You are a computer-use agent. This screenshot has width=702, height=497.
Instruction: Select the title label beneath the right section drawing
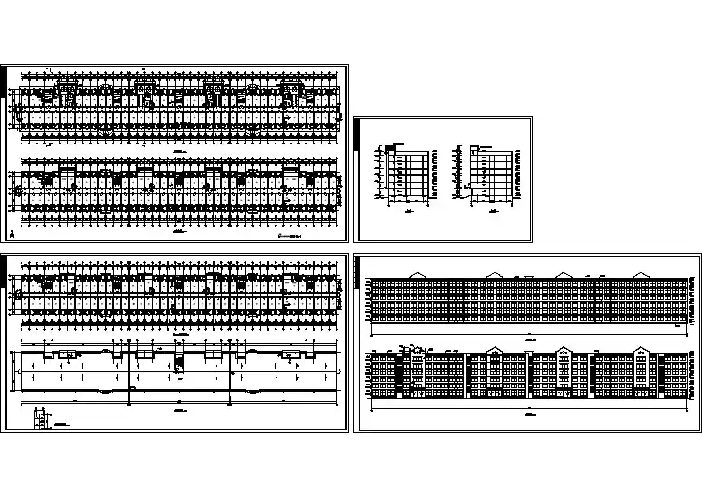pos(491,211)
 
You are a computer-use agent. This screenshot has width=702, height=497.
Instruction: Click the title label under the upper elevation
pos(527,333)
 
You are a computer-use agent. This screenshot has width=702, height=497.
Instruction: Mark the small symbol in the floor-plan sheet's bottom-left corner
pos(12,232)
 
